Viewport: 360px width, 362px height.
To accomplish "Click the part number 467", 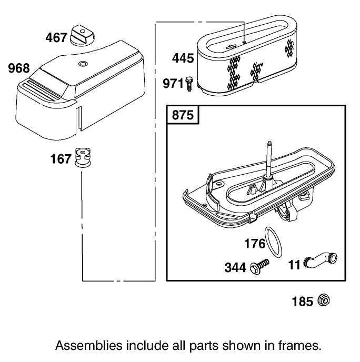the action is click(56, 37).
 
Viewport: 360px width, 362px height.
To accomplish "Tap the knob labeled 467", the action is click(82, 35).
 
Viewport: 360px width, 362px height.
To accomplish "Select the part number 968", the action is click(19, 68).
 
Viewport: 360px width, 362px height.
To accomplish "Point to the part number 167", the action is click(61, 159).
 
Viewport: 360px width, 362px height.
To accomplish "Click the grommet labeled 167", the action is click(83, 157).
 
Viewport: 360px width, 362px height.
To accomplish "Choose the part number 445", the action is click(183, 58).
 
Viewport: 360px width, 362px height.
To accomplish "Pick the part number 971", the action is click(173, 83).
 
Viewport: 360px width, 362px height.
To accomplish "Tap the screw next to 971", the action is click(189, 84).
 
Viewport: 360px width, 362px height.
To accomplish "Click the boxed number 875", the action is click(183, 115).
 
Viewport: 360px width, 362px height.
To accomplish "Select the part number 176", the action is click(255, 244).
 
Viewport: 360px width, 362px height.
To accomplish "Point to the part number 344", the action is click(235, 268).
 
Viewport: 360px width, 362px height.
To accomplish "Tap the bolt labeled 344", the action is click(259, 267).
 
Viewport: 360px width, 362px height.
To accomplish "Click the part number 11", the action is click(294, 265).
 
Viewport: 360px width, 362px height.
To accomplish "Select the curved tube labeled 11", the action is click(320, 260).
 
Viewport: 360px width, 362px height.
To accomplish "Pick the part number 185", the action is click(302, 301).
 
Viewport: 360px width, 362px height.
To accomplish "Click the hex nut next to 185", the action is click(324, 300).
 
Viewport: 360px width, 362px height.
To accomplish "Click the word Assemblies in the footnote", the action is click(88, 346).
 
